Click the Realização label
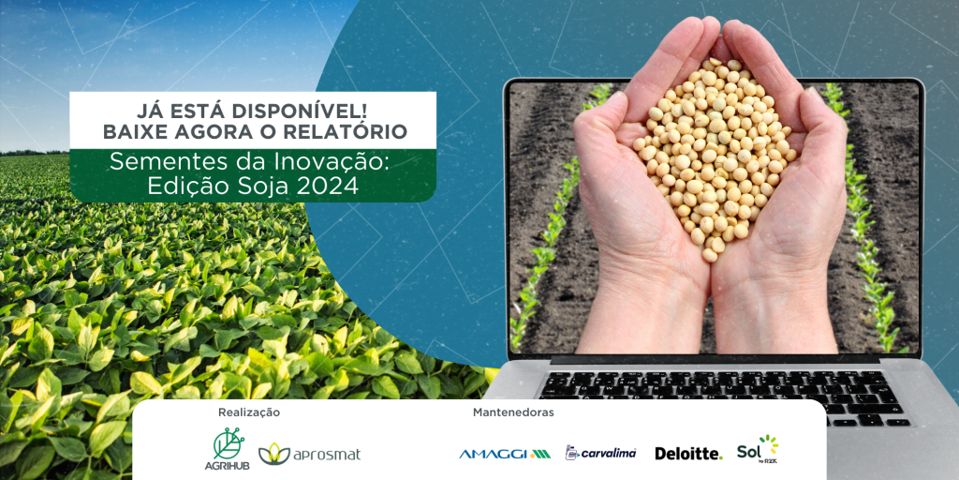coord(249,412)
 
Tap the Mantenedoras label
coord(513,412)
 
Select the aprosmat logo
coord(309,454)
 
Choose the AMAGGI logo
coord(505,454)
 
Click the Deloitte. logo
coord(688,454)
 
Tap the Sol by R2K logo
coord(758,450)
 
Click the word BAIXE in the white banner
coord(127,131)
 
